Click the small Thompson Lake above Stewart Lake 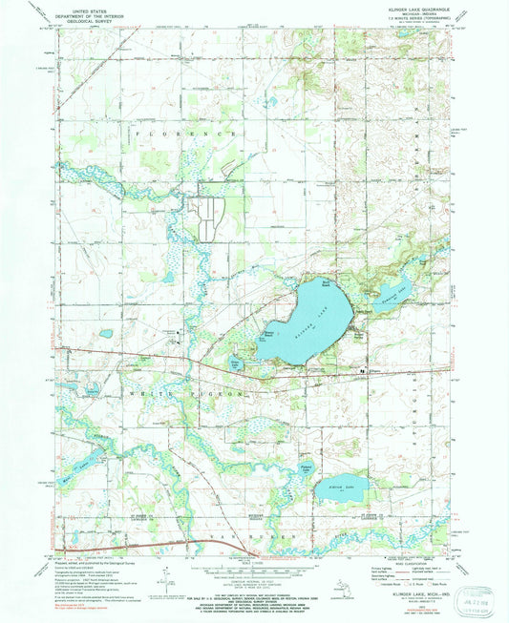click(305, 468)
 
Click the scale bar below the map click(252, 564)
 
